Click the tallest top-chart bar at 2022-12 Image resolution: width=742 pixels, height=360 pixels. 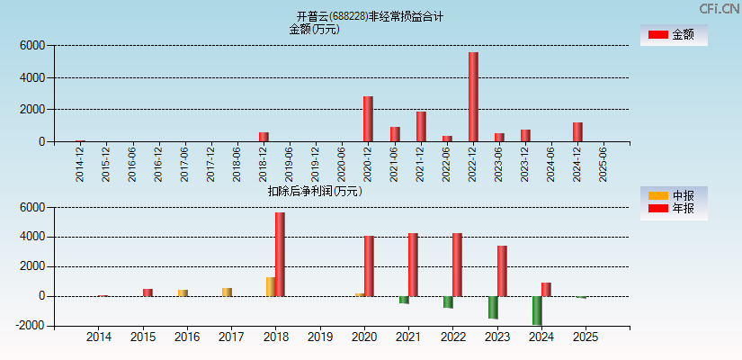pos(473,97)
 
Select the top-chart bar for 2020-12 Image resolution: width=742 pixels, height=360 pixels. pos(368,119)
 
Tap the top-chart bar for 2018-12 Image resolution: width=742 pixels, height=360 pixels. pos(264,137)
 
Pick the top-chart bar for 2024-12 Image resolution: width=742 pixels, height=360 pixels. pos(577,131)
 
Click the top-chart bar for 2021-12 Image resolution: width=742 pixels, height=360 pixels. pos(421,127)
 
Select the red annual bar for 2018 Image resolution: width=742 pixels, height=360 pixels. pos(280,255)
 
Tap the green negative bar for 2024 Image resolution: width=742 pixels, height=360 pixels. pos(537,310)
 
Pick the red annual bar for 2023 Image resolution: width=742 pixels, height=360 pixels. pos(502,271)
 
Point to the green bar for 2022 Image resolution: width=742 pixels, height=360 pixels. pos(448,302)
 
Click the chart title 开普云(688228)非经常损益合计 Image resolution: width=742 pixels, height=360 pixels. pos(370,16)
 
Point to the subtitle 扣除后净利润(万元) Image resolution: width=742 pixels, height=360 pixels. pos(314,191)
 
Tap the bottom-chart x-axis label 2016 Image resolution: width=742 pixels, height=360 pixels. pos(187,337)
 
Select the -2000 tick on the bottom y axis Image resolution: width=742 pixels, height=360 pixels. pos(31,326)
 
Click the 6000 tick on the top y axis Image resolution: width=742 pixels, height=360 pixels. pos(31,45)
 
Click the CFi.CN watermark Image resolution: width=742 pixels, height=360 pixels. pos(720,8)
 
